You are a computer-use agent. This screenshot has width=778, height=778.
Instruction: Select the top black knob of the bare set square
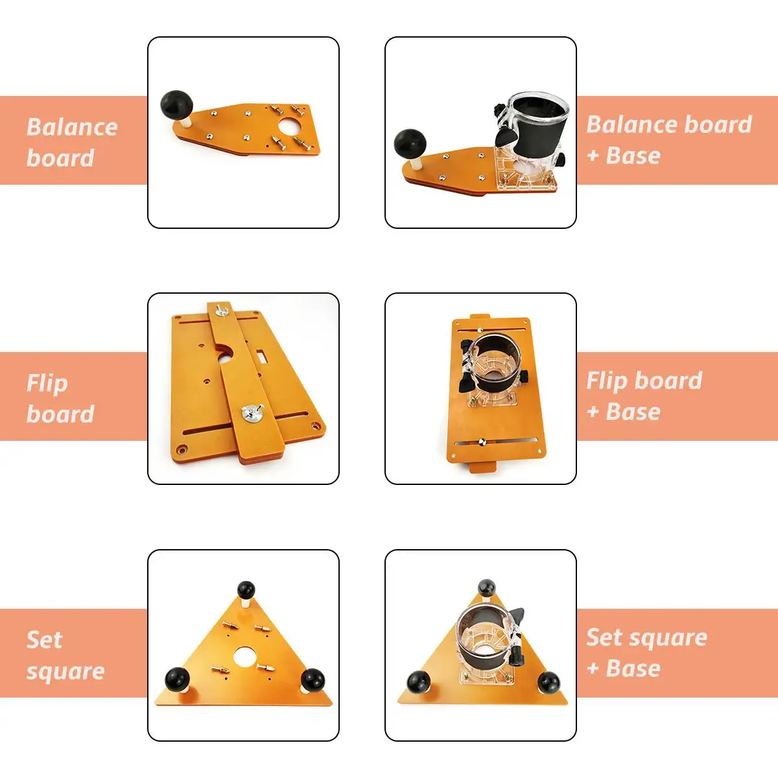click(246, 590)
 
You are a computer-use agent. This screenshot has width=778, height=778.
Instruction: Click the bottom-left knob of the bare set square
click(177, 679)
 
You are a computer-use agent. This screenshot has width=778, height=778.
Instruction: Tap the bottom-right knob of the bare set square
click(313, 679)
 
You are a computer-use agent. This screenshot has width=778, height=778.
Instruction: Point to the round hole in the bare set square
click(244, 657)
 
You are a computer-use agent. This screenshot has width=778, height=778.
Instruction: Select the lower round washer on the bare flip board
click(252, 412)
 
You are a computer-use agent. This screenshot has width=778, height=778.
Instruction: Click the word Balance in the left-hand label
click(72, 127)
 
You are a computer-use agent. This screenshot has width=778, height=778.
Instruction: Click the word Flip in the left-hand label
click(47, 384)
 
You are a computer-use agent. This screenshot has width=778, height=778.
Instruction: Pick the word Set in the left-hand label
click(45, 640)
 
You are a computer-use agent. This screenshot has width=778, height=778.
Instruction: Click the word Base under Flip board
click(633, 412)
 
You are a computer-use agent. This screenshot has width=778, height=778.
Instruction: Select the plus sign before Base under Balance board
click(593, 156)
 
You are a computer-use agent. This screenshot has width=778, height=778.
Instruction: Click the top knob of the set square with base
click(486, 587)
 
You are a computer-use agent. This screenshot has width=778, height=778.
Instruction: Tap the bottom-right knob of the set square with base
click(548, 681)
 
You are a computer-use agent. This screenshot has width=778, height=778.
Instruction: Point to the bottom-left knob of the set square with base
click(418, 682)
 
